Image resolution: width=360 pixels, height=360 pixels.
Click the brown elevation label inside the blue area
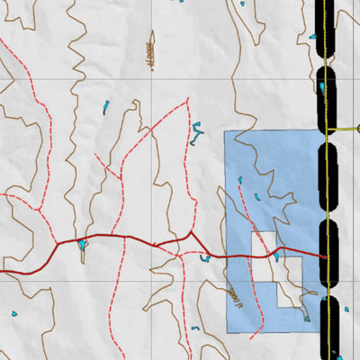click(236, 296)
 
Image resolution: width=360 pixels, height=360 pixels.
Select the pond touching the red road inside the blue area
click(276, 256)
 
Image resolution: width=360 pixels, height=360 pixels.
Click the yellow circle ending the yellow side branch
click(358, 129)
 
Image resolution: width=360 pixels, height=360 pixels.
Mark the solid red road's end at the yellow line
click(324, 256)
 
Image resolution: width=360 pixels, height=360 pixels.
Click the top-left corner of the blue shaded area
click(224, 131)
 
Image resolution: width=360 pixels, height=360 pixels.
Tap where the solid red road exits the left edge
click(1, 270)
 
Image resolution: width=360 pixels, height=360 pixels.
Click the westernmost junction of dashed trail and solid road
click(58, 242)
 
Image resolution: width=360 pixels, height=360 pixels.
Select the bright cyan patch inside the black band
click(322, 87)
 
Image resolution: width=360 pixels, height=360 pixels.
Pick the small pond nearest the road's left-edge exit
click(13, 313)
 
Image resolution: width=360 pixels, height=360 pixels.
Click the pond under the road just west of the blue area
click(205, 259)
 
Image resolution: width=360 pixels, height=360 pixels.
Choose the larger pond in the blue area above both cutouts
click(256, 197)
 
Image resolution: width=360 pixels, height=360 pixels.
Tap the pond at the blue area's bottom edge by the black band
click(307, 318)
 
